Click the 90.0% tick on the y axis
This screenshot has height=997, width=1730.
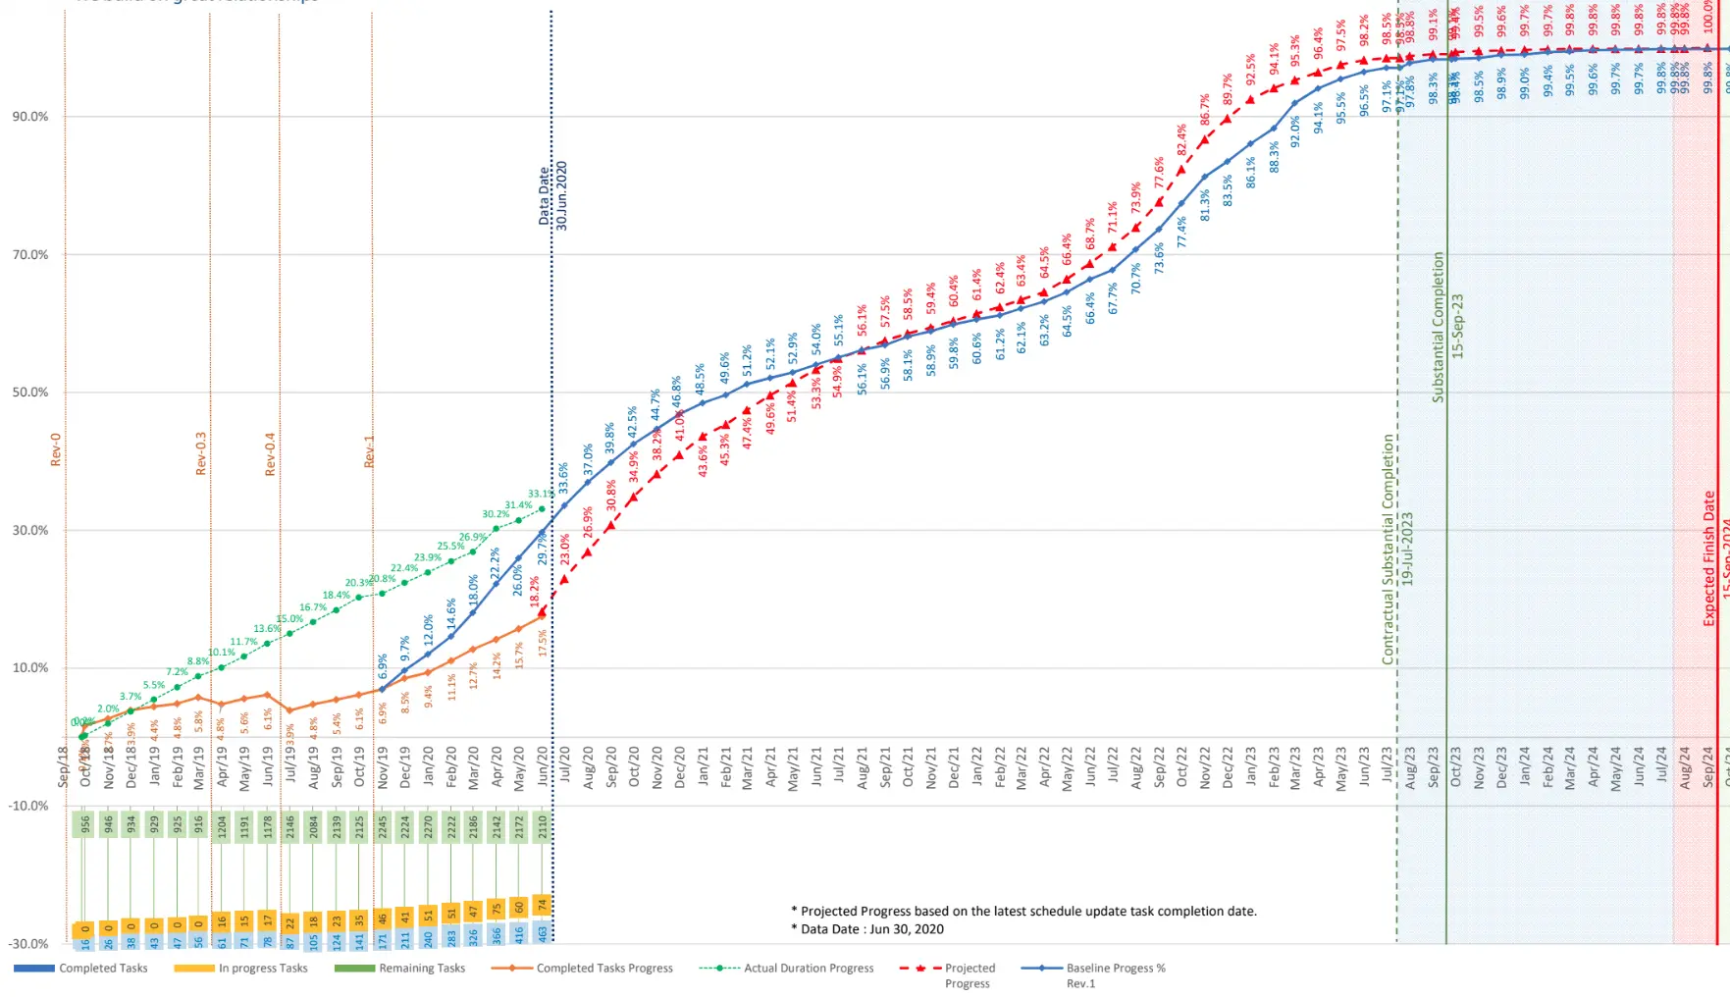pos(30,117)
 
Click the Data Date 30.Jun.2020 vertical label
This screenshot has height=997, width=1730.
pos(552,195)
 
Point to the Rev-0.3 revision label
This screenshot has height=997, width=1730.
pos(201,453)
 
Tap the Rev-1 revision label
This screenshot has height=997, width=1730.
pos(370,451)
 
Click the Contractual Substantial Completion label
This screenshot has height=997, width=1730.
pos(1389,550)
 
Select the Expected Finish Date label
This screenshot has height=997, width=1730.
pos(1709,558)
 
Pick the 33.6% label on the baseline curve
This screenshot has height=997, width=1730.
pos(564,477)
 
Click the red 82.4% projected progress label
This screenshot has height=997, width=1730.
pos(1182,145)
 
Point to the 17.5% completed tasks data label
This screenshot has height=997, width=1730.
pos(543,643)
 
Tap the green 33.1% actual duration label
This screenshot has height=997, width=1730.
pos(540,494)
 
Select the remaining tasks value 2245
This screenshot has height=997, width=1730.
pos(383,825)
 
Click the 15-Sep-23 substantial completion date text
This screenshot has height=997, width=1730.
pos(1457,327)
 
